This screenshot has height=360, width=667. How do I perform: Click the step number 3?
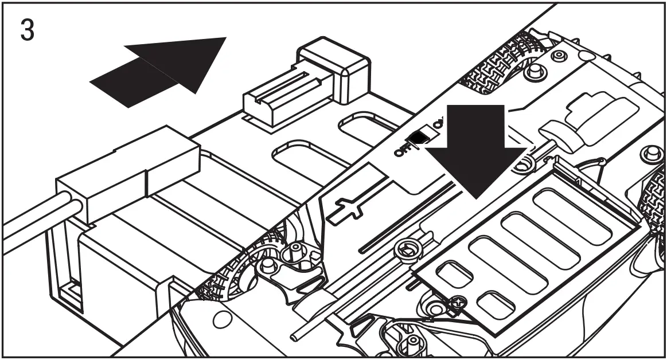pyautogui.click(x=28, y=30)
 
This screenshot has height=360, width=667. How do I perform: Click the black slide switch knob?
pyautogui.click(x=419, y=136)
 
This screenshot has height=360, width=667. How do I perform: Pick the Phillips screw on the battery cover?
pyautogui.click(x=457, y=302)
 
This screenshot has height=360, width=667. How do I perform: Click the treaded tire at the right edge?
pyautogui.click(x=654, y=201)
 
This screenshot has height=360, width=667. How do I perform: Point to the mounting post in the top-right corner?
pyautogui.click(x=649, y=154)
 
